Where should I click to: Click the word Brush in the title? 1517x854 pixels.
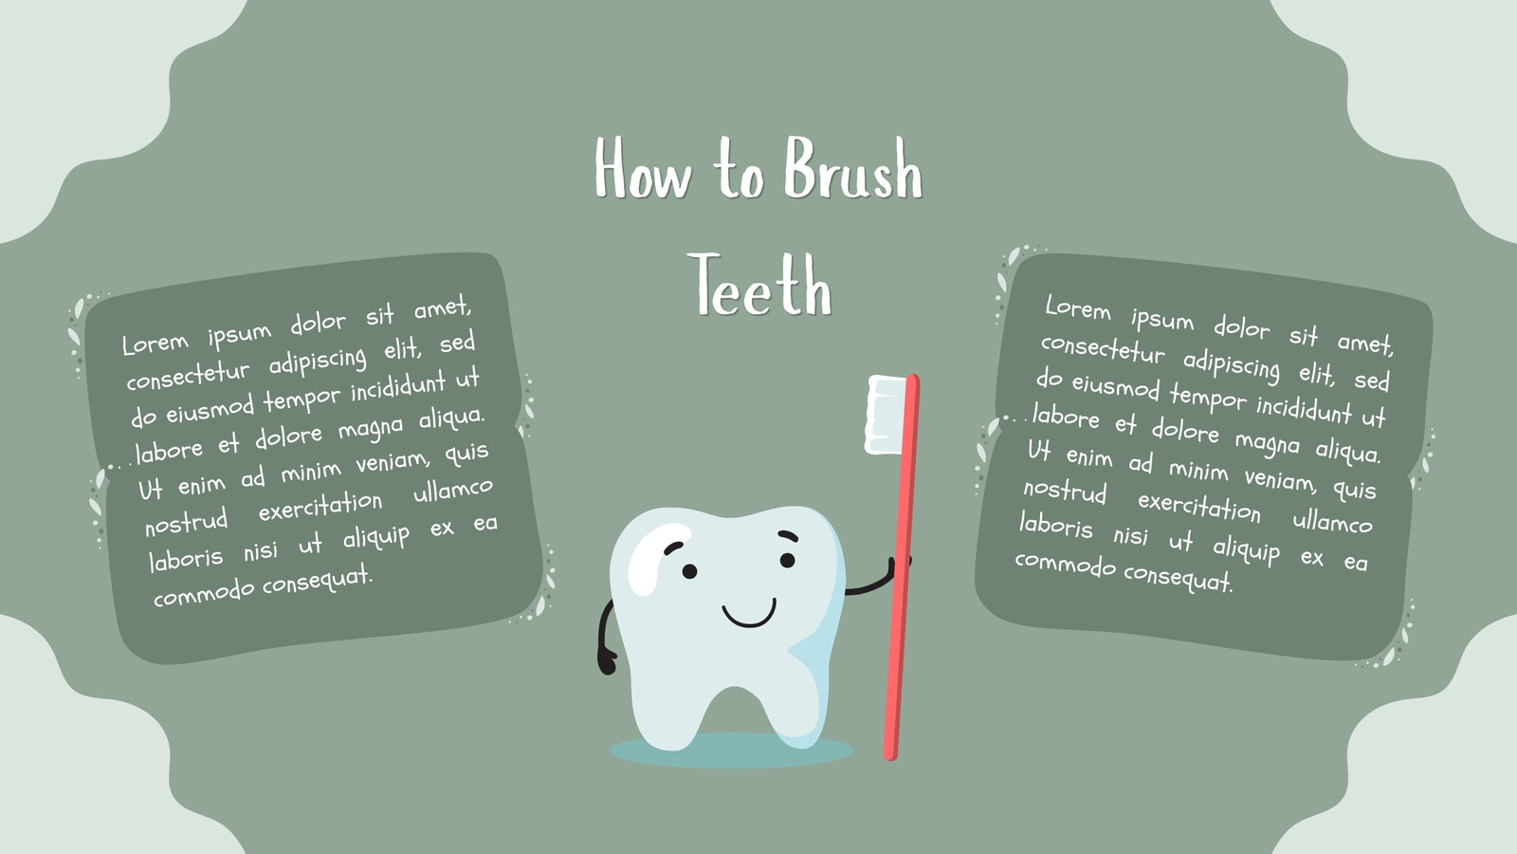(853, 167)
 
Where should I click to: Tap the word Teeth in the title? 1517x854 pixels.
(759, 285)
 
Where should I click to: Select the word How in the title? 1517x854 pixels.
(644, 167)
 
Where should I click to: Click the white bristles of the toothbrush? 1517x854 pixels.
(885, 414)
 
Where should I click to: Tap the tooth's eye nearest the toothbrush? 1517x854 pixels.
(788, 561)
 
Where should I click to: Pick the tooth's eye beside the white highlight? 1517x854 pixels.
(689, 571)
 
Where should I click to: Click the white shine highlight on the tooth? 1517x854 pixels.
(653, 558)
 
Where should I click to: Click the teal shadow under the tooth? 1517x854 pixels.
(731, 751)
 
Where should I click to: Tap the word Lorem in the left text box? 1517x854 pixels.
(155, 343)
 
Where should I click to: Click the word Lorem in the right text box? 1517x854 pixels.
(1078, 308)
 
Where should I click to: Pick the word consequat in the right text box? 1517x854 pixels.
(1179, 577)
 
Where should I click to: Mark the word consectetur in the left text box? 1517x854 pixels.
(188, 375)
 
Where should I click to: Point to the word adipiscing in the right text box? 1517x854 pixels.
(1232, 366)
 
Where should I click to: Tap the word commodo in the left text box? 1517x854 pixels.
(203, 594)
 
